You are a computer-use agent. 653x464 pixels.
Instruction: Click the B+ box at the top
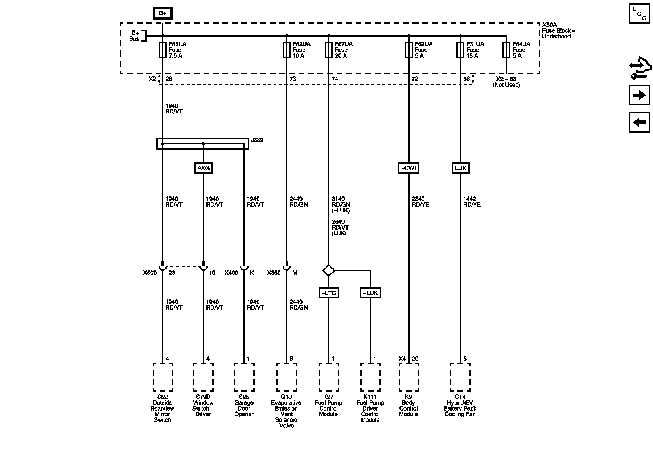click(162, 13)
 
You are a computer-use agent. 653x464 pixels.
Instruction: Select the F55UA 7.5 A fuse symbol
click(162, 50)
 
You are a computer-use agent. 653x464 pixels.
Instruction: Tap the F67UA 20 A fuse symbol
click(329, 50)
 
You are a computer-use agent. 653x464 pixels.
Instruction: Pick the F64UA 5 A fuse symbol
click(506, 50)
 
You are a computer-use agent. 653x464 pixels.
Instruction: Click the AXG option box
click(203, 168)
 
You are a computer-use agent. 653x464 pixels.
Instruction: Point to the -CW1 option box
click(408, 168)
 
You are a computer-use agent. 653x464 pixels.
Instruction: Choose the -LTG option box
click(329, 293)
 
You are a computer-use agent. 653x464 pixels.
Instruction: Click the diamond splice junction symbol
click(329, 270)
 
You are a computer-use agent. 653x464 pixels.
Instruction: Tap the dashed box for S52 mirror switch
click(162, 377)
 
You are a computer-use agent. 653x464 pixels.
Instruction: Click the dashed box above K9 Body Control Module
click(408, 377)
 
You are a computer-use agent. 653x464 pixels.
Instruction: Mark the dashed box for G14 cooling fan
click(460, 377)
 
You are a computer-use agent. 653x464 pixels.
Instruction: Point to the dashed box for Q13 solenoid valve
click(286, 377)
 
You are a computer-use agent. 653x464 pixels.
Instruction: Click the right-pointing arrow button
click(639, 95)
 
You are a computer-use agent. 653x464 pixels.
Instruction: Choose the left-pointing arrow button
click(639, 122)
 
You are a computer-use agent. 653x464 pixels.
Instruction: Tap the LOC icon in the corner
click(639, 13)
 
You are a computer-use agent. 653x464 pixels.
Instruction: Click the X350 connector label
click(274, 273)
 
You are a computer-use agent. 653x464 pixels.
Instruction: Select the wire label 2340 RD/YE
click(420, 202)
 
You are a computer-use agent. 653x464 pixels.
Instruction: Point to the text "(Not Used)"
click(506, 85)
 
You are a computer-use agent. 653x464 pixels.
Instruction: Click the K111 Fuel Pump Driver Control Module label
click(370, 409)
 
